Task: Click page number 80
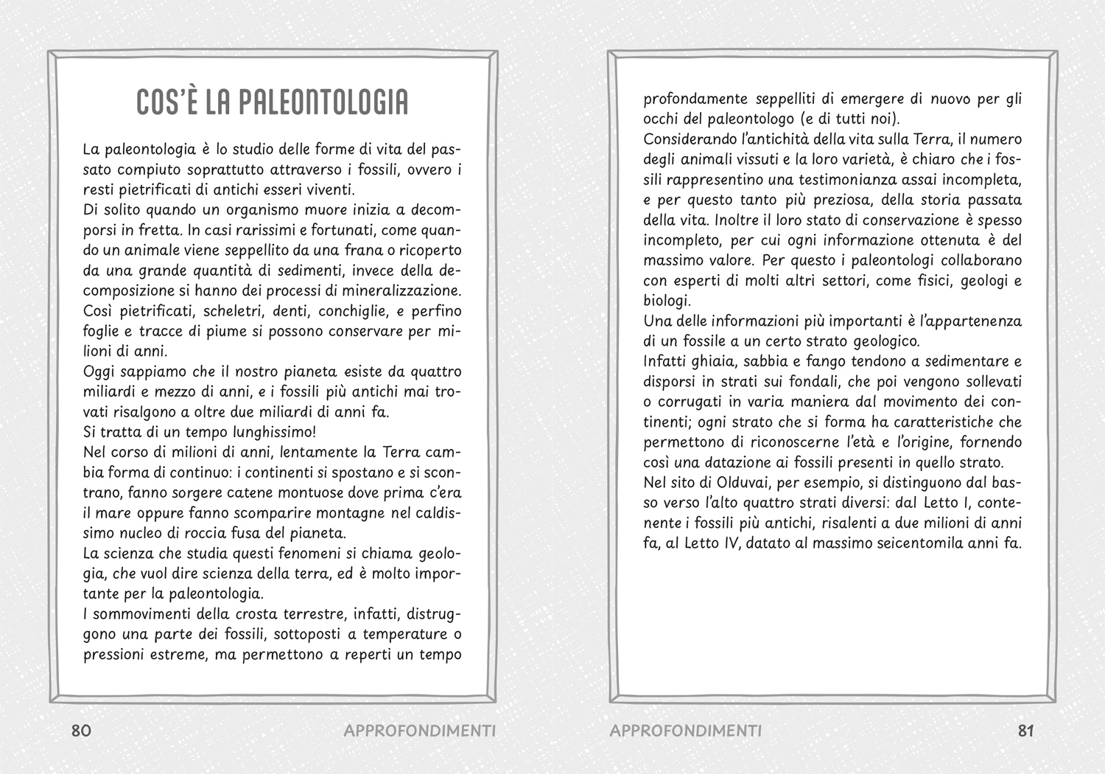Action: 81,731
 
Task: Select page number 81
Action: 1026,731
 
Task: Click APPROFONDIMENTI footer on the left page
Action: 419,731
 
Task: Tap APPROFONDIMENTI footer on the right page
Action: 686,731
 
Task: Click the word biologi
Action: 666,301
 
